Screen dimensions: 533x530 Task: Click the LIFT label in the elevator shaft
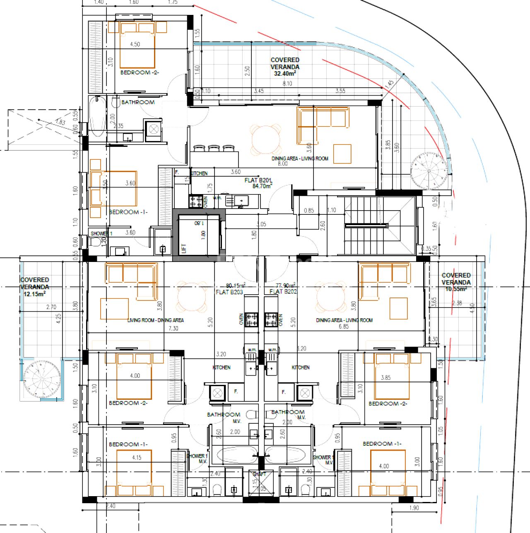(x=184, y=248)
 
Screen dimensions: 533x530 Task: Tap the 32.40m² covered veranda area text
(x=285, y=74)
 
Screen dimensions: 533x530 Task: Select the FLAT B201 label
(x=258, y=180)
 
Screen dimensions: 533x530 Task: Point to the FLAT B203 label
(x=229, y=292)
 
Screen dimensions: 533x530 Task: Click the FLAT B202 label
(x=283, y=291)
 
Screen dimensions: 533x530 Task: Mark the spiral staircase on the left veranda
(x=42, y=379)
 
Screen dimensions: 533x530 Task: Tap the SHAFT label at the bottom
(x=259, y=474)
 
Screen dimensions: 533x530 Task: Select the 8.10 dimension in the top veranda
(x=287, y=84)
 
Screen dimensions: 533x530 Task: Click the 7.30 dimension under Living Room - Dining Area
(x=173, y=328)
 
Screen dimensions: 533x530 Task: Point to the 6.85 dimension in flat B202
(x=344, y=327)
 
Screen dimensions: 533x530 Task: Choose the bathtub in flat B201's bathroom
(x=98, y=117)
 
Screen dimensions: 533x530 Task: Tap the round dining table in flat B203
(x=192, y=296)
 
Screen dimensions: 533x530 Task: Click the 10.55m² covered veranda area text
(x=455, y=289)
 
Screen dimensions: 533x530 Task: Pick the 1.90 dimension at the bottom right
(x=414, y=508)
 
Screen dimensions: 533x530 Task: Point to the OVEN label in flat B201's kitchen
(x=206, y=202)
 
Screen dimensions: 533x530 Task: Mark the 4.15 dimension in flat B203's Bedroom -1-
(x=137, y=457)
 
